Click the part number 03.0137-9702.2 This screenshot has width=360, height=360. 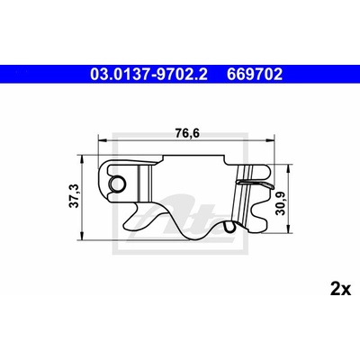click(x=148, y=75)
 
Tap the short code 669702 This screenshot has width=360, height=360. click(x=255, y=75)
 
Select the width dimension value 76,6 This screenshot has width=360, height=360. click(x=187, y=133)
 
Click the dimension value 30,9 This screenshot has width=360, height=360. click(x=281, y=203)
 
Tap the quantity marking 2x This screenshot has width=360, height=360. click(x=340, y=290)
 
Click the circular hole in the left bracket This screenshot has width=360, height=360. click(x=117, y=184)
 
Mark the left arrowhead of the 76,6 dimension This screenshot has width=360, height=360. click(x=103, y=139)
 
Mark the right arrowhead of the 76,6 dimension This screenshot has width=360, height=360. click(x=270, y=139)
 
